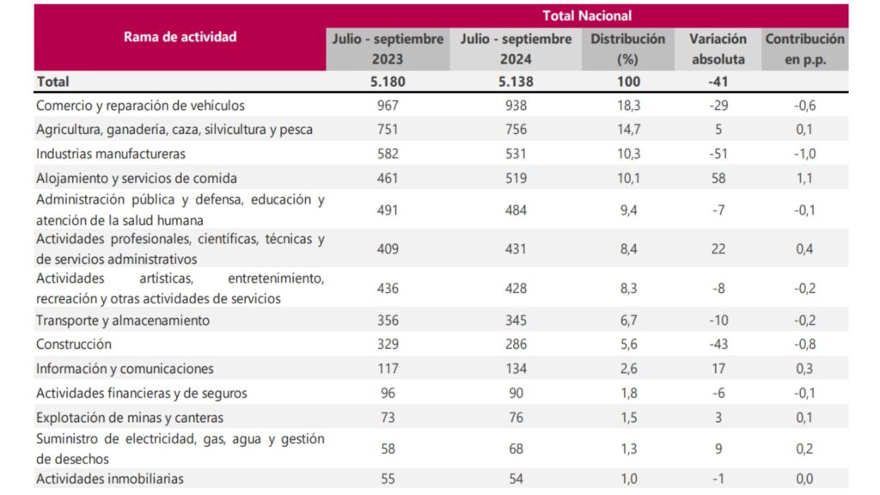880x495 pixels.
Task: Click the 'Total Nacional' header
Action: [x=587, y=15]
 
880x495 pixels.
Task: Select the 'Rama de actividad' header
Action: [x=180, y=37]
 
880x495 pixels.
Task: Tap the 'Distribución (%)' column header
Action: [x=627, y=49]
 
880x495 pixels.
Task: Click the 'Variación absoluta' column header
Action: [x=718, y=49]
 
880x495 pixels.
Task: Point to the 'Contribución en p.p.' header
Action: [x=804, y=49]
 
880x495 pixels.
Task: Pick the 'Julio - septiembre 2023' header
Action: [x=388, y=49]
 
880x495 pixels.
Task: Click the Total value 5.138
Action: [x=516, y=82]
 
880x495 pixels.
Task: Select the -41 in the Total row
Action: [x=718, y=82]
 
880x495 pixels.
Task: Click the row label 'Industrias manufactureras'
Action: [x=111, y=154]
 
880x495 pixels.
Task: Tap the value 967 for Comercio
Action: [x=388, y=106]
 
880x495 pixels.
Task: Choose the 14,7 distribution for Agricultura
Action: [x=627, y=130]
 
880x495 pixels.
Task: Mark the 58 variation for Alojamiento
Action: [x=718, y=178]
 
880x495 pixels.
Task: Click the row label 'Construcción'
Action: [x=74, y=344]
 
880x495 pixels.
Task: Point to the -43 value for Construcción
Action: [x=718, y=344]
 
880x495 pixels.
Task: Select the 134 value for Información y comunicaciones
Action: [x=516, y=368]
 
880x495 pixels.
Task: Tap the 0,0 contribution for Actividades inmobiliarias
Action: [x=804, y=479]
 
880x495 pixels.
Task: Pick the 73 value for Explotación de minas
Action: [x=388, y=418]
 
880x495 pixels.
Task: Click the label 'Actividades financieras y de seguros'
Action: [x=142, y=393]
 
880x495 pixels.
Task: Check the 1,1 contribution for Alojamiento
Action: [x=804, y=178]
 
